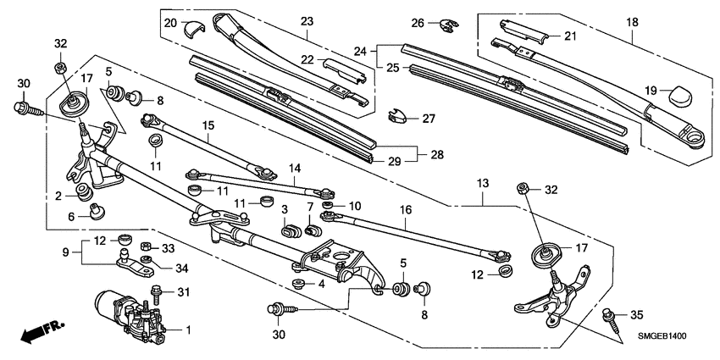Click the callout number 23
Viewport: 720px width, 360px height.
306,21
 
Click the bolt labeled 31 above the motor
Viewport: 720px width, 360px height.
158,292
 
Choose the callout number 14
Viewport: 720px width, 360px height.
295,169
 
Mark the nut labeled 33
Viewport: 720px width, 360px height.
145,247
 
